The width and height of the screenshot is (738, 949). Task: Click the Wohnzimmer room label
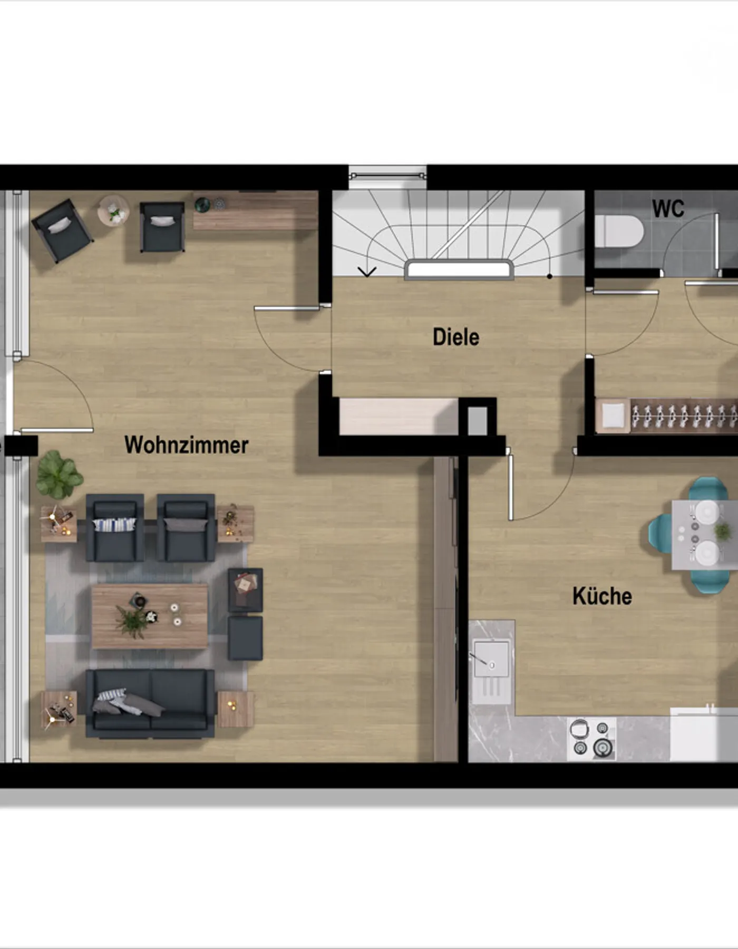click(x=186, y=445)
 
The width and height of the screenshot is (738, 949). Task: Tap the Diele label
click(x=456, y=337)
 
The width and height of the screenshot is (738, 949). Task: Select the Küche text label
click(x=602, y=596)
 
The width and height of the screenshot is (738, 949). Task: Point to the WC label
click(x=668, y=209)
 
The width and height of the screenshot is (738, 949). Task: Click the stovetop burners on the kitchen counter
click(x=591, y=738)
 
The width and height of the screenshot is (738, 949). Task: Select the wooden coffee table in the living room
click(x=150, y=616)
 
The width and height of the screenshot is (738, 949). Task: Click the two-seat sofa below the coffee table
click(x=150, y=703)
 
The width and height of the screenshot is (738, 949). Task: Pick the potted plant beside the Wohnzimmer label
click(x=59, y=475)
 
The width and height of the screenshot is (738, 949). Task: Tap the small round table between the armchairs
click(x=113, y=211)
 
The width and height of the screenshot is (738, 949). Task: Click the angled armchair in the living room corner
click(x=62, y=230)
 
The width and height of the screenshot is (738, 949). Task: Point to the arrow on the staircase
click(x=367, y=272)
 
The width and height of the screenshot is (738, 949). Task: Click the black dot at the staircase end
click(x=550, y=276)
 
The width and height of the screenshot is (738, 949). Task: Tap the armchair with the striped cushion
click(x=115, y=528)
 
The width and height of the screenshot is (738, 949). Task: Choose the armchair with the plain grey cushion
click(x=186, y=528)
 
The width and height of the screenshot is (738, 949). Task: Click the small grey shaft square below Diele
click(x=478, y=421)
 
